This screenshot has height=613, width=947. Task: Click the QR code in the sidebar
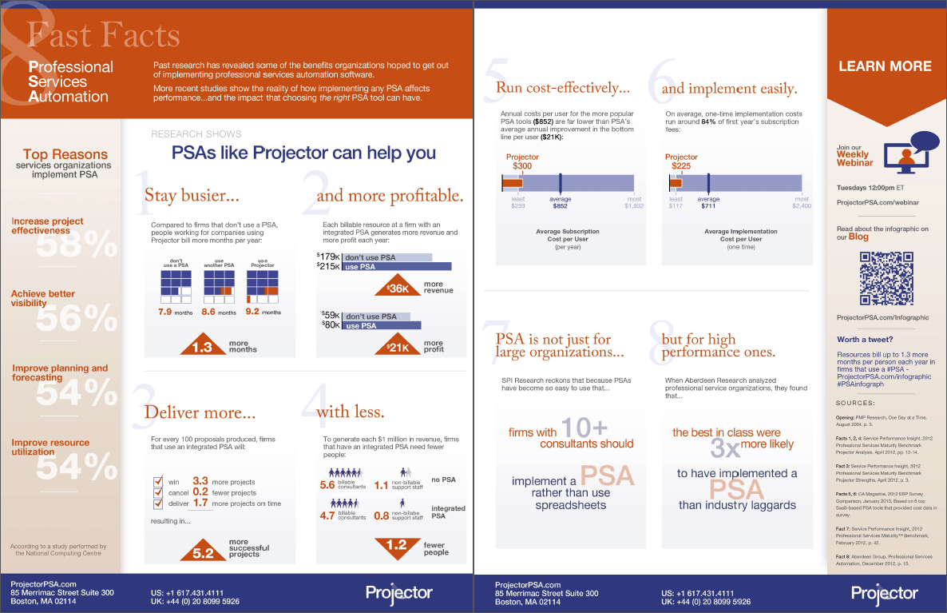886,277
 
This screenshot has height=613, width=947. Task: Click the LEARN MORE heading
885,66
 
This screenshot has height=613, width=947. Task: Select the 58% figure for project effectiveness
77,246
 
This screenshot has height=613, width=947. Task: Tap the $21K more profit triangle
398,345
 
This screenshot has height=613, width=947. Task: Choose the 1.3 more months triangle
203,346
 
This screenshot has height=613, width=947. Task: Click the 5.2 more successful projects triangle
203,549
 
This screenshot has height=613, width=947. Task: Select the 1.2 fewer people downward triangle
396,546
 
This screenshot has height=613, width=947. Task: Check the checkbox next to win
158,481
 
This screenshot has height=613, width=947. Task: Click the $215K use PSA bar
397,266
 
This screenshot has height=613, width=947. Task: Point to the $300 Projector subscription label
522,165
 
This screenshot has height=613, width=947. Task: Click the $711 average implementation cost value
708,205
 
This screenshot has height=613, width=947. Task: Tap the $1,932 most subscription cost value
634,205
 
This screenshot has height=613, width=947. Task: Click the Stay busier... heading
192,195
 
